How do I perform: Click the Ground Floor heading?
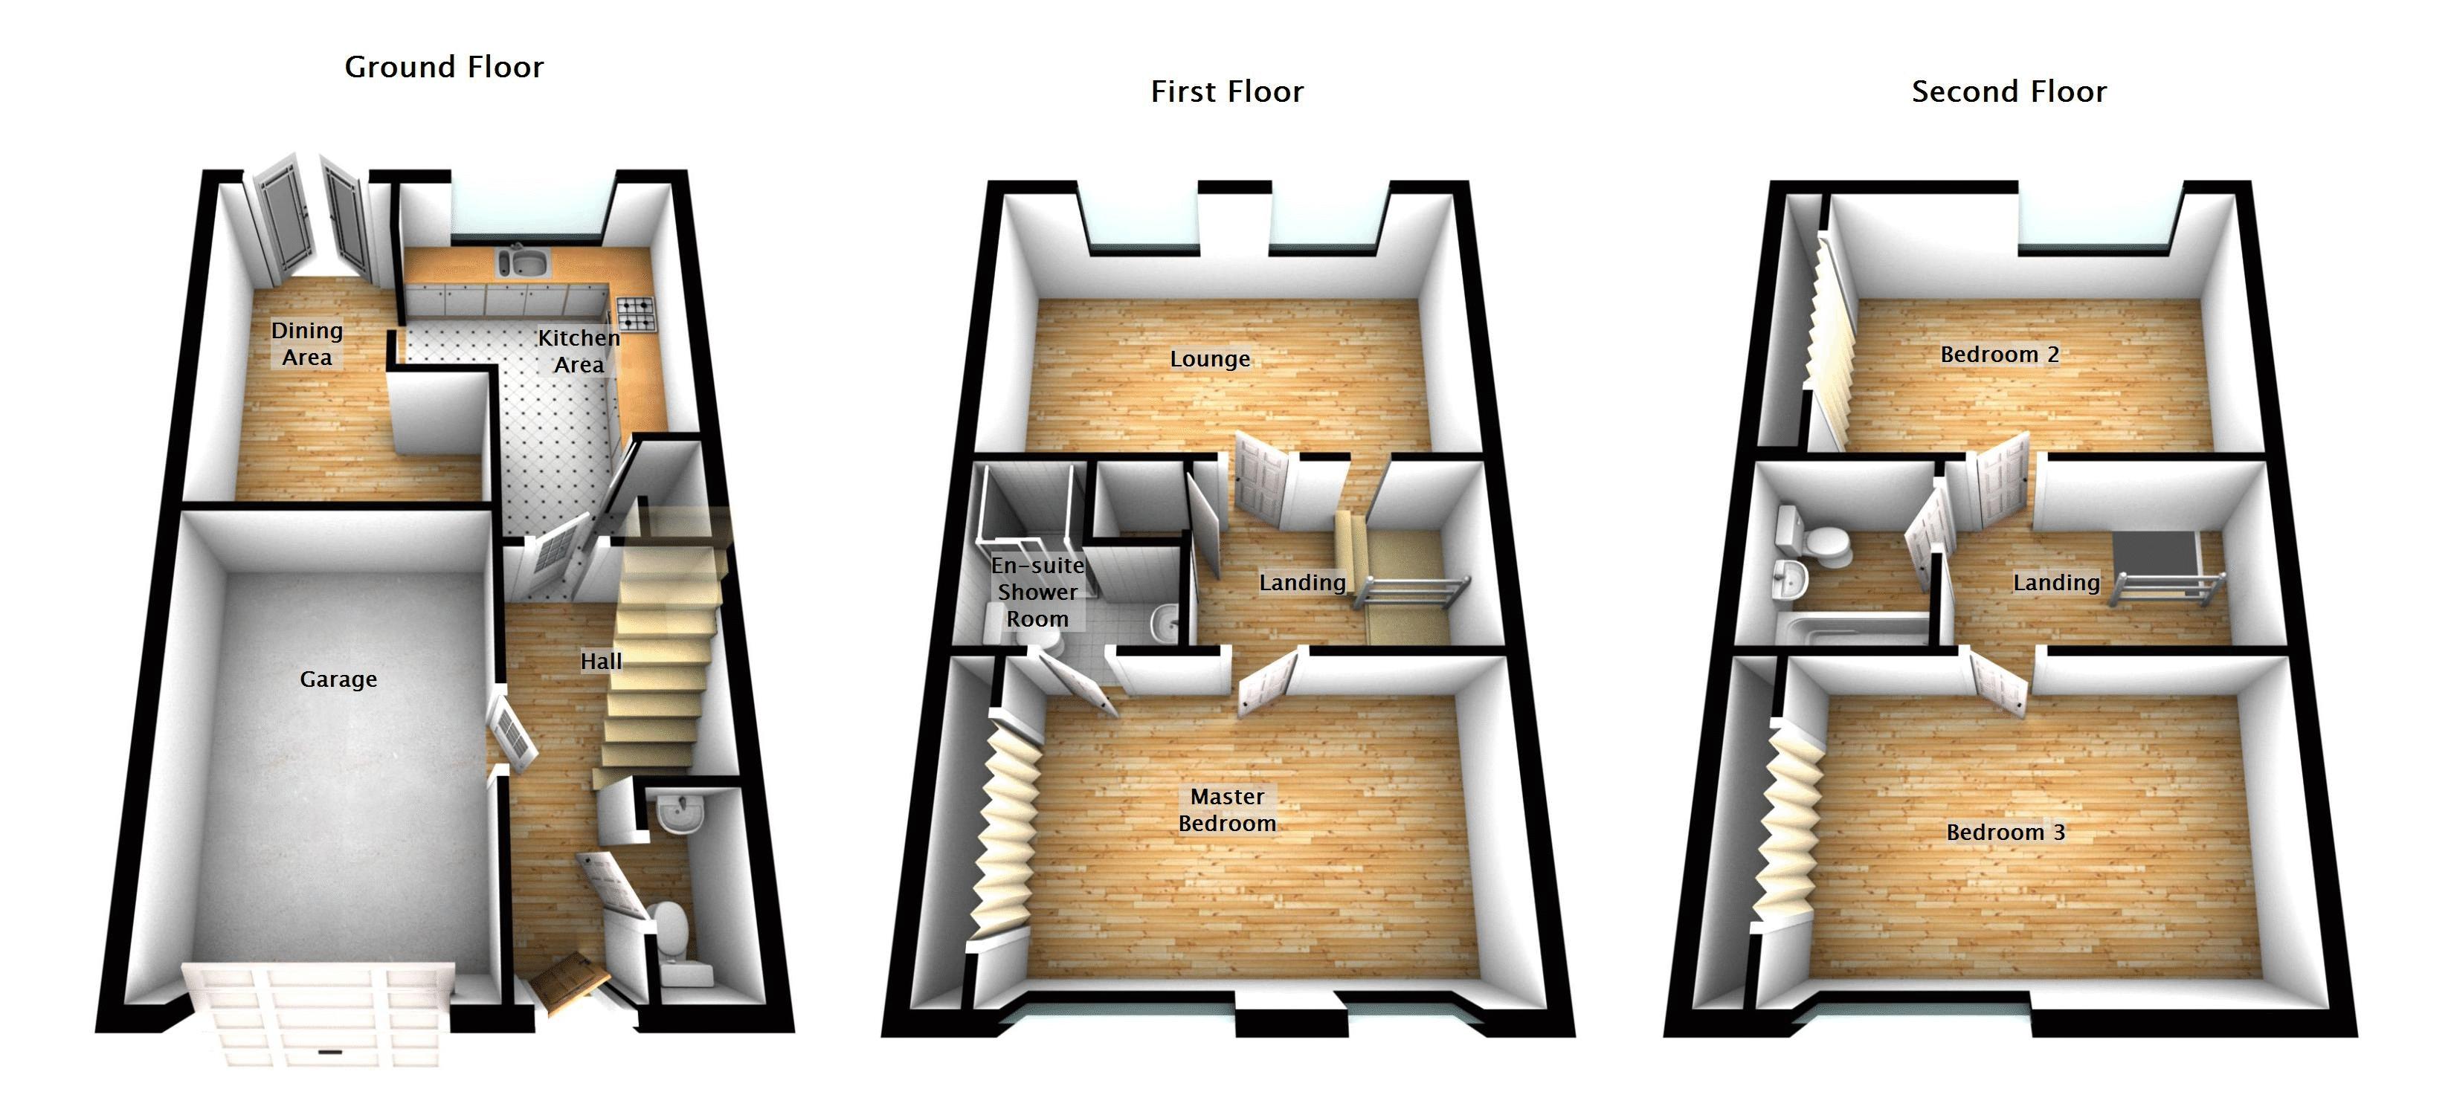click(444, 67)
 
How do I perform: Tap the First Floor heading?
click(1227, 91)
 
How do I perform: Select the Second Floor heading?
click(2009, 91)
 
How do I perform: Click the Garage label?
click(338, 679)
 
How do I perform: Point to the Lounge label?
click(1210, 359)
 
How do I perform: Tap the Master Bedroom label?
click(1227, 809)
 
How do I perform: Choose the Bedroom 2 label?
click(2000, 355)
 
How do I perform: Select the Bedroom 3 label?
click(2006, 833)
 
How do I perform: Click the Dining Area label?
click(306, 343)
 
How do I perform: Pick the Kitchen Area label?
click(579, 352)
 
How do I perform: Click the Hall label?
click(601, 661)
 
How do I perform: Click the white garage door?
click(319, 1012)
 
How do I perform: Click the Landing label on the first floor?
click(1302, 582)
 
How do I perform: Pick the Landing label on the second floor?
click(2056, 582)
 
